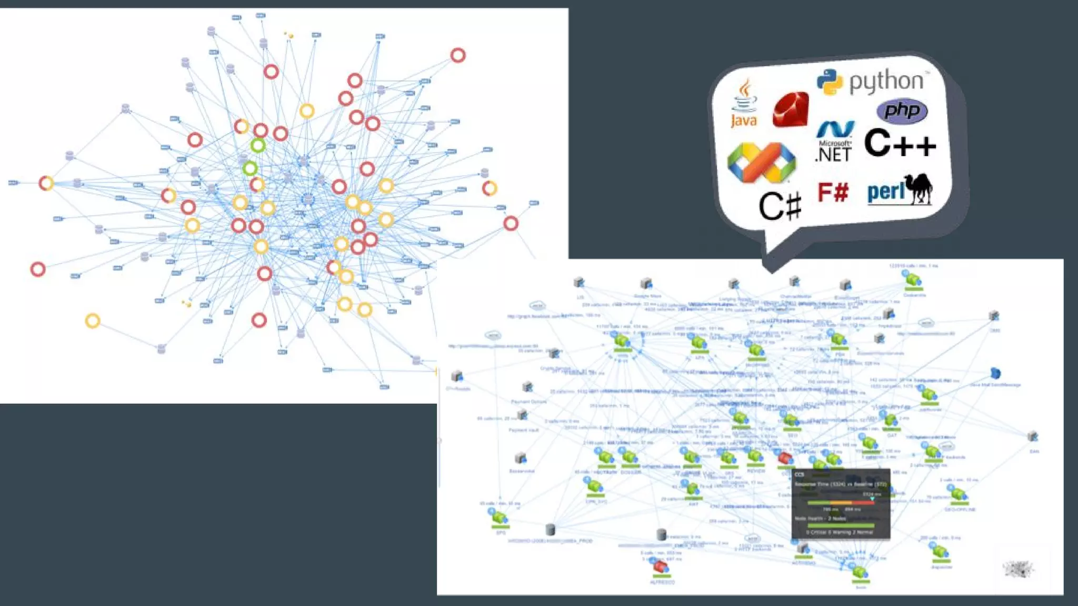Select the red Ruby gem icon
tap(790, 109)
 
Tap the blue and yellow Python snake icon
tap(830, 82)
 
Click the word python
tap(886, 82)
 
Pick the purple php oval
tap(902, 111)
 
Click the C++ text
tap(900, 144)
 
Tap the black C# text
tap(780, 206)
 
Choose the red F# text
tap(833, 193)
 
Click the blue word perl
tap(886, 192)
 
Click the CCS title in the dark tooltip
tap(799, 474)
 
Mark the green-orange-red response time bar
tap(840, 503)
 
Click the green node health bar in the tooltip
tap(840, 525)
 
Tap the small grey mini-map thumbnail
tap(1018, 569)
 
